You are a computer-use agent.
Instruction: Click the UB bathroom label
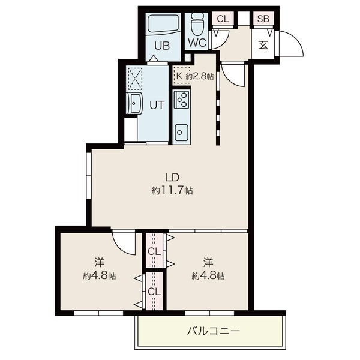[x=161, y=45]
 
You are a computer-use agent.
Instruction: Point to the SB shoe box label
[x=262, y=19]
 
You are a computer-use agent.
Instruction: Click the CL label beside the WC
[x=223, y=19]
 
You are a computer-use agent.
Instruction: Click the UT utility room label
[x=156, y=105]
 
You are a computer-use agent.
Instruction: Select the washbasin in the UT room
[x=135, y=104]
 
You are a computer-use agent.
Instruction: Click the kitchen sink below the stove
[x=181, y=130]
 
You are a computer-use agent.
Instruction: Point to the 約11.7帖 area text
[x=172, y=190]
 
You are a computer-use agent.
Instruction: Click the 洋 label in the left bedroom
[x=99, y=262]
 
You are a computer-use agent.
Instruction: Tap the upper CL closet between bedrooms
[x=154, y=251]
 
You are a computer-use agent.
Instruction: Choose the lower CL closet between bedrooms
[x=154, y=291]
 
